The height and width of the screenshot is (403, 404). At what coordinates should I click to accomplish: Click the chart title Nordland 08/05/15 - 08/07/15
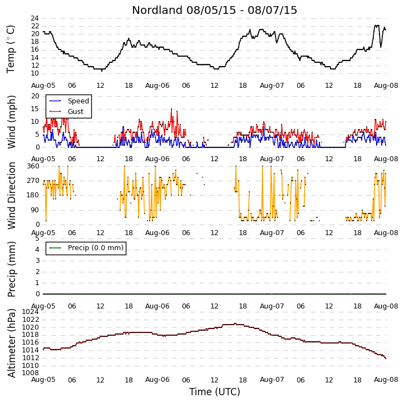214,11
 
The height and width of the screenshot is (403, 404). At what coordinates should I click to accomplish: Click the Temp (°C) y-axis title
11,49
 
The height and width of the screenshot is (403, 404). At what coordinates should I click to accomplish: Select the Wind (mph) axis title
11,122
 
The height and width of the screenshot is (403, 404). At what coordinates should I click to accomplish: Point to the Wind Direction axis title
11,196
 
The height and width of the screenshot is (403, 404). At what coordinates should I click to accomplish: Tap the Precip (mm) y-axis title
11,269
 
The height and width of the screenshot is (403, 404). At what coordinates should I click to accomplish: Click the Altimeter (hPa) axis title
11,344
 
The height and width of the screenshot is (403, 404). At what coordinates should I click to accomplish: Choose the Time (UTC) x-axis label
215,392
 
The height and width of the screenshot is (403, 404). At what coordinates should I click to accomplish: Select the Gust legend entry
66,111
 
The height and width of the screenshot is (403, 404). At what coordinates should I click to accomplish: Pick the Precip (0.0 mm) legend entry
86,248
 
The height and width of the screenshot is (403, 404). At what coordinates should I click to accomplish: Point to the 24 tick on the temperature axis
35,18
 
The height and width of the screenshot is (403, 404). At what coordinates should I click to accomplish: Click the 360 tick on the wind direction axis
33,166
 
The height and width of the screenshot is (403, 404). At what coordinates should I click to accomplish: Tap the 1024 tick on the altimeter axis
31,312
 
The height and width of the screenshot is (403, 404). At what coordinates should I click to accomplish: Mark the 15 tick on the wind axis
35,109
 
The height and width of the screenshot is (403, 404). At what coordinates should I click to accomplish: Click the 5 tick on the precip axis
37,238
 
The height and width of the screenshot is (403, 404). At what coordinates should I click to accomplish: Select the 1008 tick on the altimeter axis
31,373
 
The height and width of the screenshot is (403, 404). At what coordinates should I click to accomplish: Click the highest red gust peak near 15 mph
171,109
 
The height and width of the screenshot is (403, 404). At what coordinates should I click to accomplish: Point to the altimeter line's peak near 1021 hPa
235,324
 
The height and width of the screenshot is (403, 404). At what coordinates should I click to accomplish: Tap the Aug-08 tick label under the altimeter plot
386,380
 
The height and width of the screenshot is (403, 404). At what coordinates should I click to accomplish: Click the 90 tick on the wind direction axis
35,210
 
